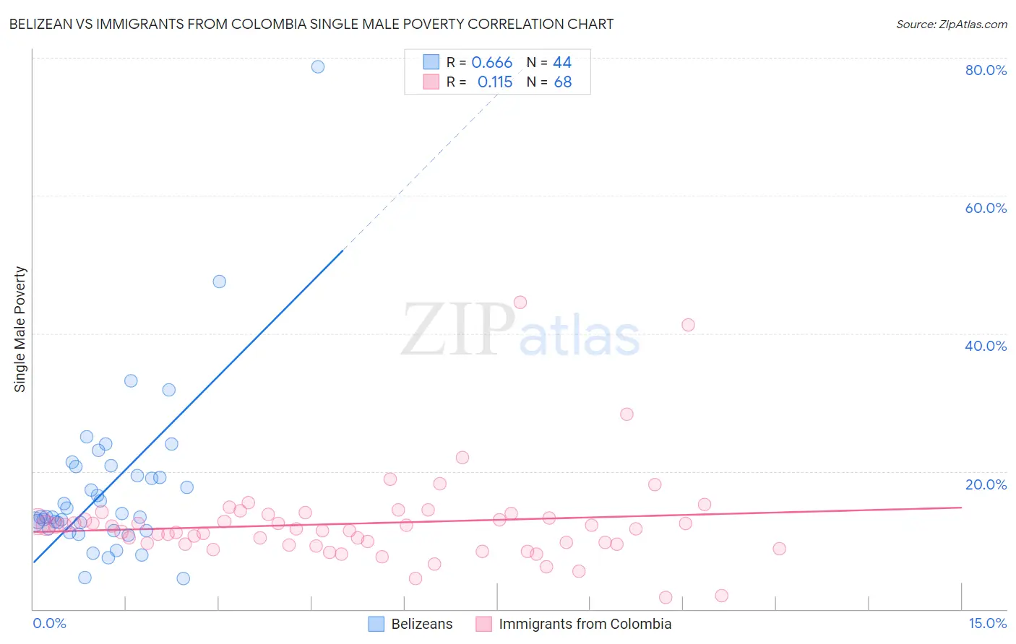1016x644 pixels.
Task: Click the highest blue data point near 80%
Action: (318, 66)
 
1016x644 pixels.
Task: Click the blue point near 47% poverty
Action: (220, 282)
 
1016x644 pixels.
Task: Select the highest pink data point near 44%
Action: (520, 303)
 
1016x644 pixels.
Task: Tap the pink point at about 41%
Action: (688, 325)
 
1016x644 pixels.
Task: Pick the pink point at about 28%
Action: (627, 414)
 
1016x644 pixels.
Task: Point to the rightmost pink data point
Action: (779, 549)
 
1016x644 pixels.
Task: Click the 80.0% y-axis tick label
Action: (986, 70)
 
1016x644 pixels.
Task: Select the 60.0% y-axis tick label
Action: (986, 208)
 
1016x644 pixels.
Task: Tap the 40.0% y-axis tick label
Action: (986, 346)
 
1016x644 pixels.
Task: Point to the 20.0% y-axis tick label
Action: (986, 484)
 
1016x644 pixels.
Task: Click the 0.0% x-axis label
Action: (49, 624)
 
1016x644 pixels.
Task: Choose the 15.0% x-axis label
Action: (987, 624)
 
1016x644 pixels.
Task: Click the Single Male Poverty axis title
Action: (20, 329)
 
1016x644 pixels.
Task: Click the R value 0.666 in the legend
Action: (491, 63)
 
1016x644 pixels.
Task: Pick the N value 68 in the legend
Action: (563, 82)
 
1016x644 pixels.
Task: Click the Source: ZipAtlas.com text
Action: (951, 25)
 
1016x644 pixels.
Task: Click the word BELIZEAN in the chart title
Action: (43, 25)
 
